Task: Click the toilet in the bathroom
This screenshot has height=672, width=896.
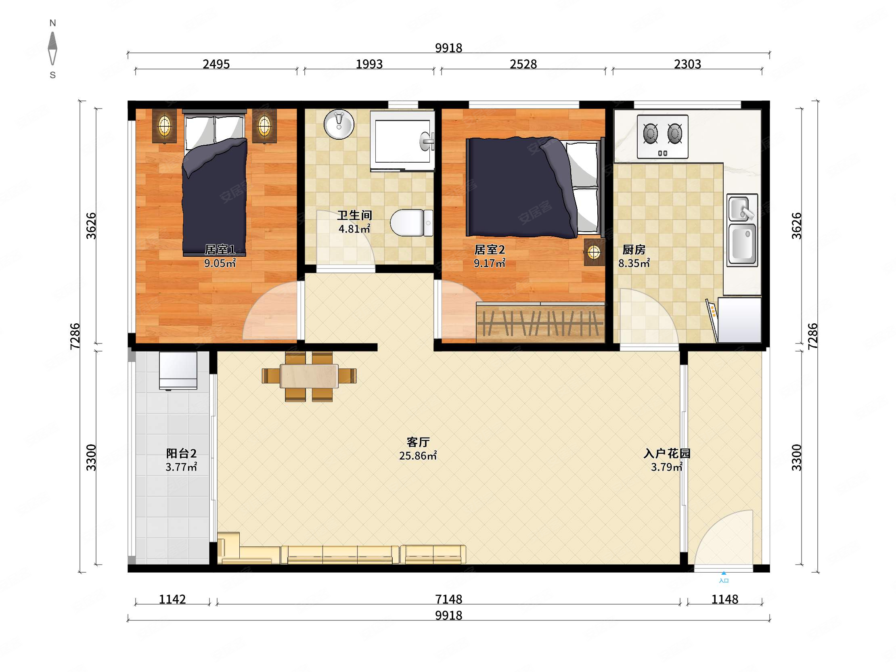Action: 412,222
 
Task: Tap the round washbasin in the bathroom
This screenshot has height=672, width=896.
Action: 339,124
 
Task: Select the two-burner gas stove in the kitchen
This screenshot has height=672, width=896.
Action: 662,136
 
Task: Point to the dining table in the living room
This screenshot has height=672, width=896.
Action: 309,376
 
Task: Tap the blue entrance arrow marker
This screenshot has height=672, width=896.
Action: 723,573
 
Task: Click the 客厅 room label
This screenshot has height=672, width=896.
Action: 418,442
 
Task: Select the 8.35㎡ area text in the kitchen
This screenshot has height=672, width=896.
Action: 634,263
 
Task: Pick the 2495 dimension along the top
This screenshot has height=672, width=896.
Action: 216,64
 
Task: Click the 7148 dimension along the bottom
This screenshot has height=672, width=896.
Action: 448,599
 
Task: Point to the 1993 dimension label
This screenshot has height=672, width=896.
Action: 369,64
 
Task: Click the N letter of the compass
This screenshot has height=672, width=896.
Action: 52,23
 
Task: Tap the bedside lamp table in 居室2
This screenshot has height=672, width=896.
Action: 594,252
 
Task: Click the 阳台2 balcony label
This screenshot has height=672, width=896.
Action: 181,453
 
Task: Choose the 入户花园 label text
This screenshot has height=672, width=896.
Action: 667,453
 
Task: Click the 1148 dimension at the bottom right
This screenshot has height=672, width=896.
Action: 724,599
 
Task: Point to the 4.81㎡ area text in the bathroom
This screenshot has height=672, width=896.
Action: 354,229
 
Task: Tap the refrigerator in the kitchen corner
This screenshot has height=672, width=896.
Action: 739,320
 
